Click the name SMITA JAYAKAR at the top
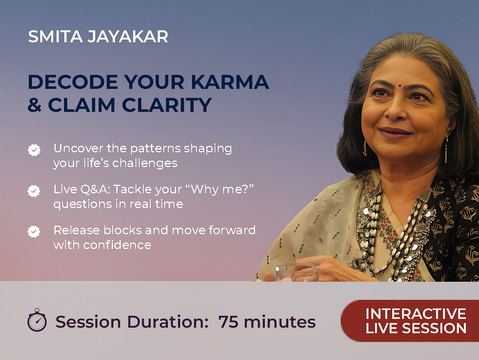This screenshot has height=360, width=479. click(x=98, y=36)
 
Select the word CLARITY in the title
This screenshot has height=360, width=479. click(x=167, y=105)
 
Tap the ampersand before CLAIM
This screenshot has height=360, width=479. click(x=34, y=105)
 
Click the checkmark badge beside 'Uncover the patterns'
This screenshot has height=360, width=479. click(x=34, y=150)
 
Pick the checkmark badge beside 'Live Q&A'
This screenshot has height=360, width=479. click(x=34, y=191)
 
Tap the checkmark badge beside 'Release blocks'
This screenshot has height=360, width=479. click(x=34, y=231)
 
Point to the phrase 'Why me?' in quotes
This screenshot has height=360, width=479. click(x=222, y=189)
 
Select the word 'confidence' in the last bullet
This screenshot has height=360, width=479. click(x=117, y=245)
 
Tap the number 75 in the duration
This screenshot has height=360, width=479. click(x=228, y=322)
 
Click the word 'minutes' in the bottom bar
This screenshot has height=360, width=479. click(x=280, y=322)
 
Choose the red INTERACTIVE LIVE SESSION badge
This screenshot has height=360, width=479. click(x=410, y=321)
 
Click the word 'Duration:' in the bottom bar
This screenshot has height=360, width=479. click(x=168, y=322)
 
